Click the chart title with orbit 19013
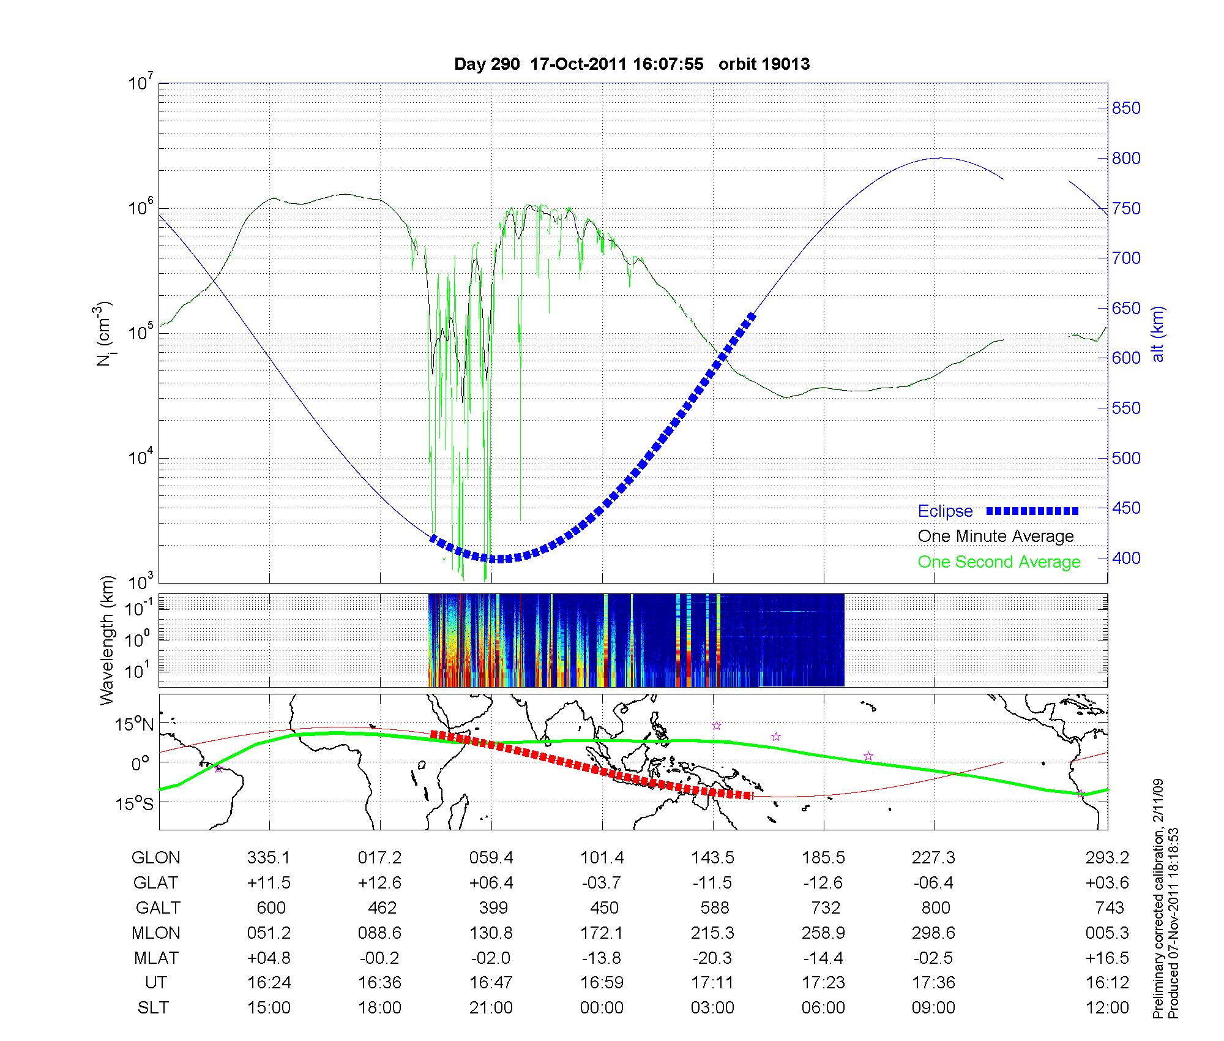click(x=632, y=64)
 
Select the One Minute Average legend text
click(x=996, y=536)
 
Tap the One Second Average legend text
click(x=999, y=562)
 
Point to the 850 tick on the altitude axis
click(x=1126, y=108)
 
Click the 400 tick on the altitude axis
click(x=1126, y=558)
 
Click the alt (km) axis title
click(x=1159, y=334)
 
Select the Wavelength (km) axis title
click(x=107, y=640)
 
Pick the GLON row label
click(x=155, y=858)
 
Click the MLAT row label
click(x=155, y=958)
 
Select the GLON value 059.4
click(x=491, y=858)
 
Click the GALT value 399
click(x=493, y=908)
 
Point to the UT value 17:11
click(x=712, y=983)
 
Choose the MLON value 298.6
click(x=933, y=933)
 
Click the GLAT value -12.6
click(x=823, y=883)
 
